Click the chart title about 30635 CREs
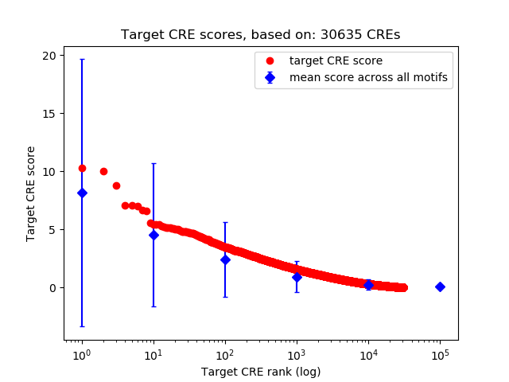point(260,35)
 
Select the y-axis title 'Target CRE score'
point(31,193)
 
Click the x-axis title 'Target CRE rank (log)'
point(260,371)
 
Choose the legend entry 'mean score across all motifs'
point(368,77)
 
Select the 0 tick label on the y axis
point(53,287)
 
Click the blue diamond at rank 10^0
point(82,193)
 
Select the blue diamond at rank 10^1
point(153,235)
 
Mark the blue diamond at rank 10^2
point(225,259)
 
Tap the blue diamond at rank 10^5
point(440,286)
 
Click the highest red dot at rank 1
point(82,168)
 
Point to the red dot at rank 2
point(103,171)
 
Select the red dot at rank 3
point(116,185)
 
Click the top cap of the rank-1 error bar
point(82,60)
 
